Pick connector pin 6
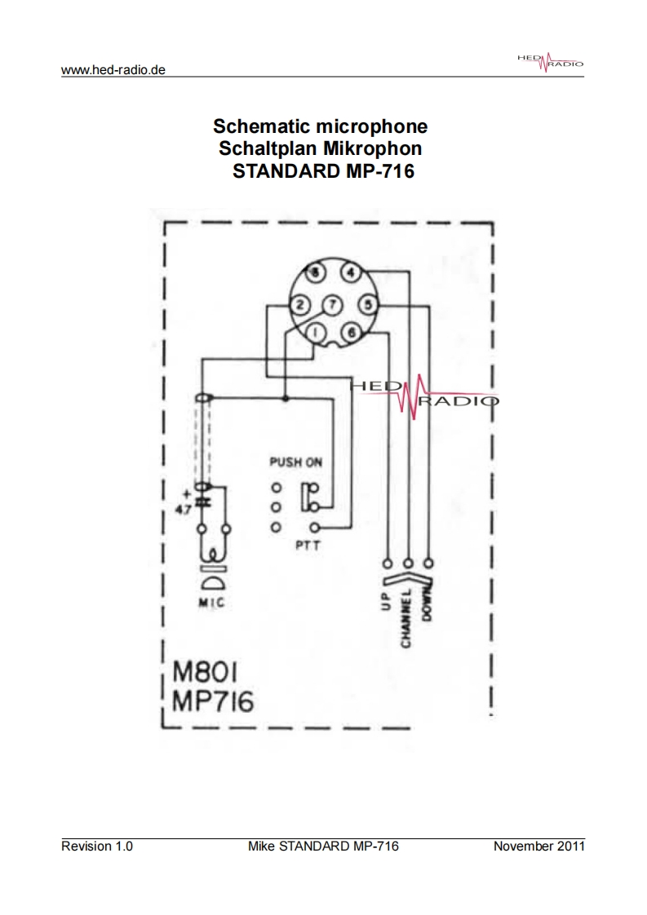(351, 331)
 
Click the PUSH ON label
(295, 462)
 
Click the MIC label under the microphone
(211, 604)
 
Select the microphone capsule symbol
(212, 579)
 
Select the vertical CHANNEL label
(406, 617)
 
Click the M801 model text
(206, 674)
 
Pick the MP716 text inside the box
(213, 702)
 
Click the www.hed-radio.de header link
(113, 70)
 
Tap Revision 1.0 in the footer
(97, 846)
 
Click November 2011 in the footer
(538, 846)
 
